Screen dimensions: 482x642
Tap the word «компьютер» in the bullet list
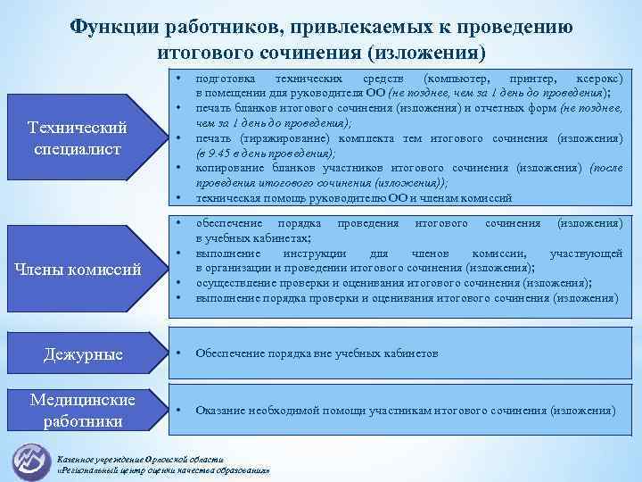coord(459,79)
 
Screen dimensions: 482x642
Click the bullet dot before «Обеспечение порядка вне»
coord(181,353)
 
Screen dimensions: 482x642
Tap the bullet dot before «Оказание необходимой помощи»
coord(181,411)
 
